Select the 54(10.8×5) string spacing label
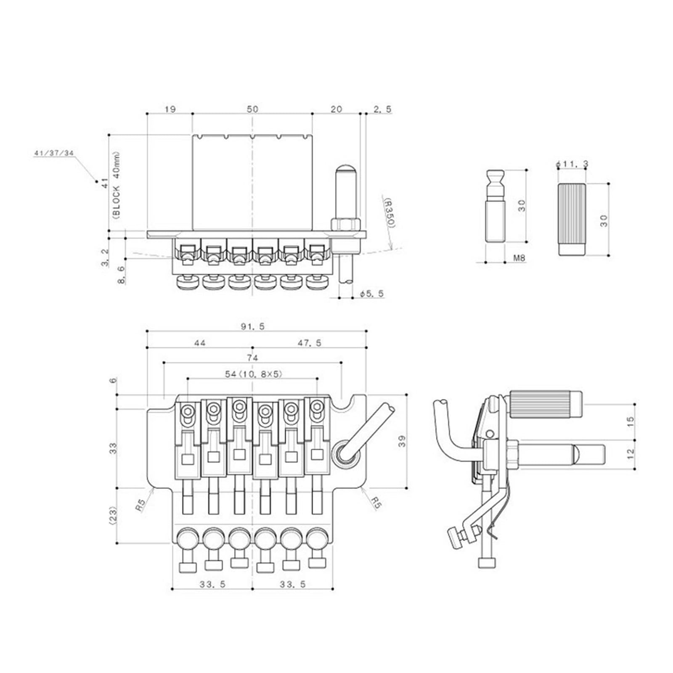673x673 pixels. [253, 374]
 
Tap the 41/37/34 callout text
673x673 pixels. [53, 153]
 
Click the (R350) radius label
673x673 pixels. [389, 213]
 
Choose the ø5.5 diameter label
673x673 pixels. [372, 293]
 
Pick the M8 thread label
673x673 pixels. [519, 258]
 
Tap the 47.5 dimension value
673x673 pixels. [309, 343]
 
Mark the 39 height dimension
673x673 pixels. [402, 441]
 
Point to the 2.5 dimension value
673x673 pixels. [382, 109]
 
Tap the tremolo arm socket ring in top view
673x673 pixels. [345, 454]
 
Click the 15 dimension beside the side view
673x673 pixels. [630, 422]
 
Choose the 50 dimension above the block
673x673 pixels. [252, 109]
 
